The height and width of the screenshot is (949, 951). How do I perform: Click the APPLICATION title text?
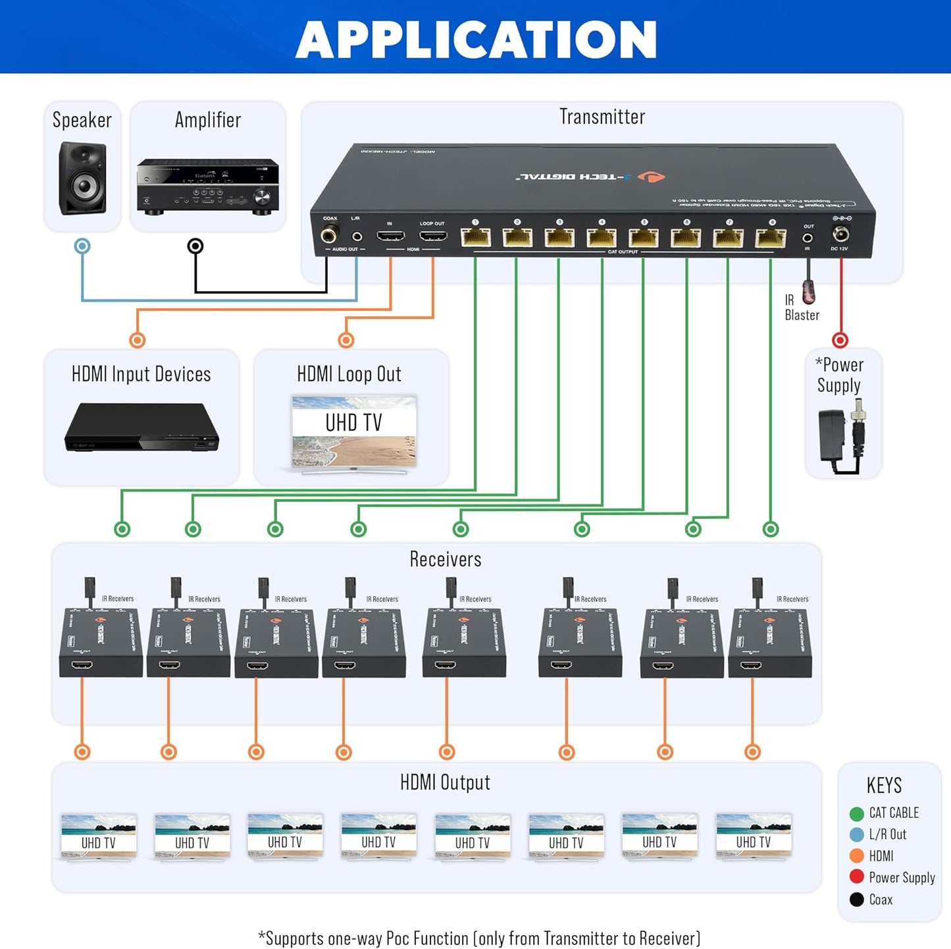pyautogui.click(x=476, y=40)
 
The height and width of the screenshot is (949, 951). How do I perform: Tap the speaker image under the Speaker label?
pyautogui.click(x=82, y=178)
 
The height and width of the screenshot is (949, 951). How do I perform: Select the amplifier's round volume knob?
pyautogui.click(x=262, y=197)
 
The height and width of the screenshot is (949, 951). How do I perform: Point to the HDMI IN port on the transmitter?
pyautogui.click(x=390, y=236)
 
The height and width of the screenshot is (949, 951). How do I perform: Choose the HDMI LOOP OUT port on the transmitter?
pyautogui.click(x=432, y=236)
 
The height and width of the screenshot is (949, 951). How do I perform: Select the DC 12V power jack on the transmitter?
pyautogui.click(x=840, y=234)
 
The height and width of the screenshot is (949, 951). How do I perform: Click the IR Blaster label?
pyautogui.click(x=801, y=308)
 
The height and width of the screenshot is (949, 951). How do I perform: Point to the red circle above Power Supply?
pyautogui.click(x=840, y=340)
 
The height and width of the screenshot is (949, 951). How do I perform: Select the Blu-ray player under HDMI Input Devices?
pyautogui.click(x=141, y=428)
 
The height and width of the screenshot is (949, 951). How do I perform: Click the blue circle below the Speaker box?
pyautogui.click(x=82, y=246)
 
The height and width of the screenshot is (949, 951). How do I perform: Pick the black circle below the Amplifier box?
pyautogui.click(x=195, y=246)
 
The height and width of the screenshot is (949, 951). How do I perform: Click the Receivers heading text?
pyautogui.click(x=445, y=559)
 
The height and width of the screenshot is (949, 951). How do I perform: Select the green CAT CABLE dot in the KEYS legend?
pyautogui.click(x=856, y=814)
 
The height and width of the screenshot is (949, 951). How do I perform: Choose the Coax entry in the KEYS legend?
pyautogui.click(x=880, y=900)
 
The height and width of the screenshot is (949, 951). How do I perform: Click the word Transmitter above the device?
pyautogui.click(x=602, y=117)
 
